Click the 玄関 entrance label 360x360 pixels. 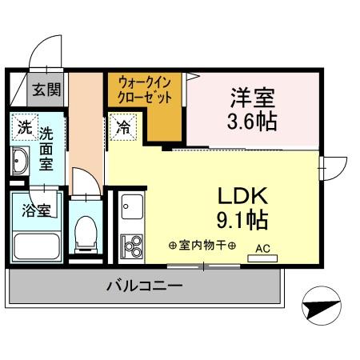click(46, 90)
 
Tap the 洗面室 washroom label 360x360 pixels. click(46, 149)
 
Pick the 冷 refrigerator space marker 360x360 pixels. click(124, 126)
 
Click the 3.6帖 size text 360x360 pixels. click(253, 123)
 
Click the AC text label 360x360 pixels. click(262, 249)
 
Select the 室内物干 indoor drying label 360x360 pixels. click(202, 245)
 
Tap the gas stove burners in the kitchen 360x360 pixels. click(130, 244)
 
